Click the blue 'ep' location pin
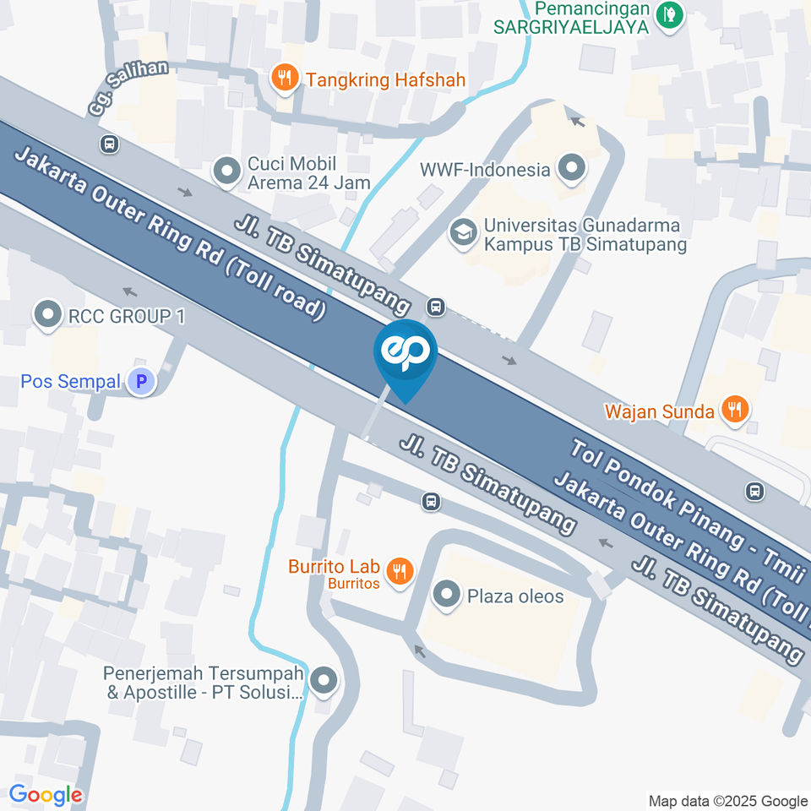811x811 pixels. tap(405, 353)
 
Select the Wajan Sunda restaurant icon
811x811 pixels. tap(735, 411)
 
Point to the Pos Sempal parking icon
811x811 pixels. tap(141, 383)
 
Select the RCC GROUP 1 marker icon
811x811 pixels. tap(47, 316)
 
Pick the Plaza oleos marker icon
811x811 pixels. tap(444, 596)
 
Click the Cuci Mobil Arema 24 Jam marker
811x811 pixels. tap(226, 171)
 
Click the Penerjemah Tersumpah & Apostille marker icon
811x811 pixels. tap(322, 681)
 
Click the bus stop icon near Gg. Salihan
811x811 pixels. tap(108, 144)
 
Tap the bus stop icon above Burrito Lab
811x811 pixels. tap(431, 502)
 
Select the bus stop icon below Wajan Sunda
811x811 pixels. tap(754, 490)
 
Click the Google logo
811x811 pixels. tap(46, 794)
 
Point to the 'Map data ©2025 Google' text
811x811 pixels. tap(727, 801)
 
